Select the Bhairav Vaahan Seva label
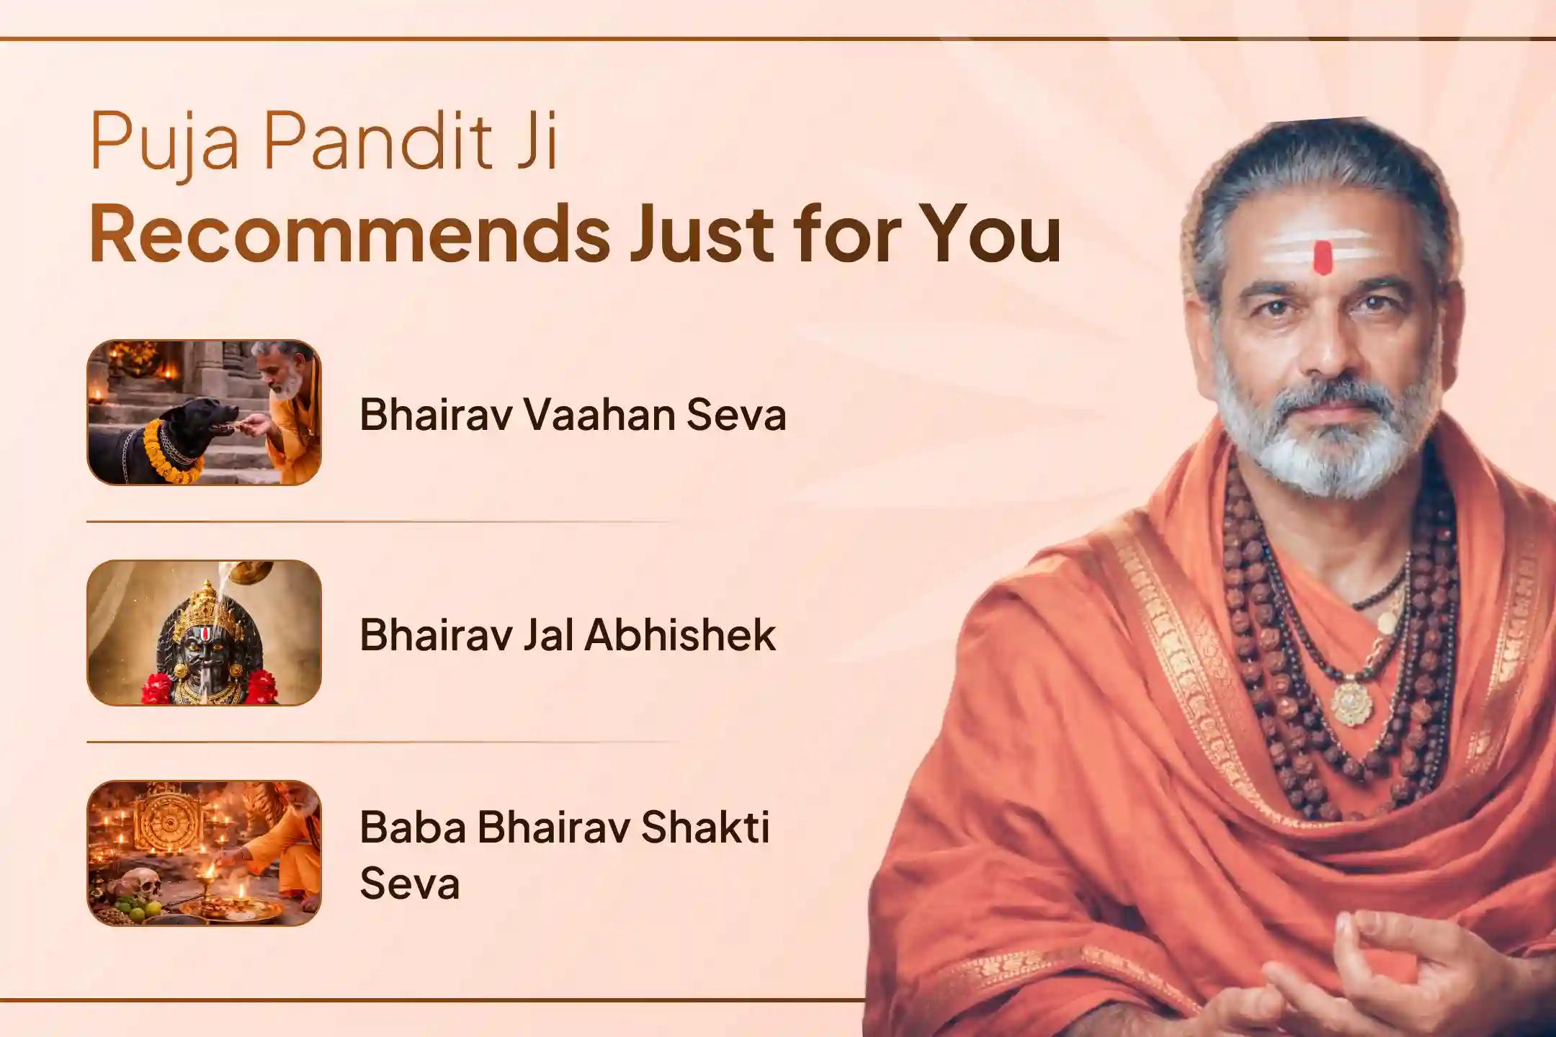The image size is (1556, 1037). (x=573, y=415)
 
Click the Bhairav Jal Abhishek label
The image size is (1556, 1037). (x=568, y=634)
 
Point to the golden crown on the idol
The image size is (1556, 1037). (x=203, y=609)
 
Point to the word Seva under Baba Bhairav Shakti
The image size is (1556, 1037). (x=409, y=884)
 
